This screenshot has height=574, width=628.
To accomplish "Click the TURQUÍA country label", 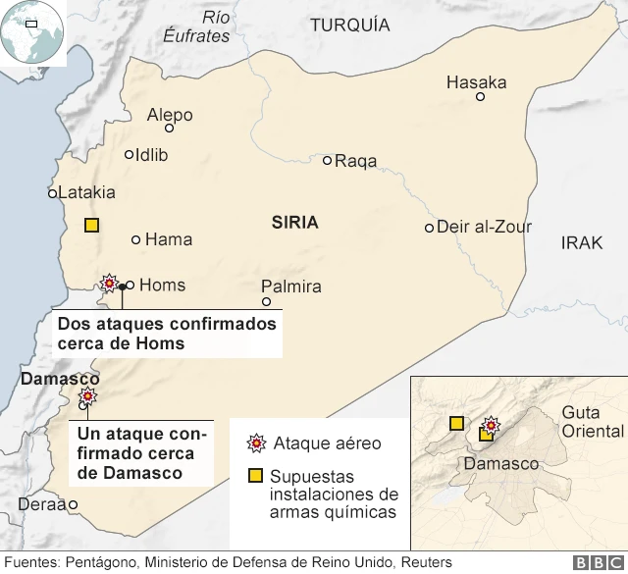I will click(349, 26).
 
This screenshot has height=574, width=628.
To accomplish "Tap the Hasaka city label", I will click(476, 82).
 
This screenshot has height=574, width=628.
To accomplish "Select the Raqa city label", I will click(356, 161).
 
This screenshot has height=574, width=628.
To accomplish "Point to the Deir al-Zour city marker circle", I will click(429, 228).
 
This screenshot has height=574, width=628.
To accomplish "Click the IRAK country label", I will click(582, 242).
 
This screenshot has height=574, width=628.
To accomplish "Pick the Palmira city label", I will click(291, 287).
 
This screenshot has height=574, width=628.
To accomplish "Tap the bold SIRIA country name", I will click(294, 223).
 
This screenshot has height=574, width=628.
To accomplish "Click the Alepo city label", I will click(170, 115).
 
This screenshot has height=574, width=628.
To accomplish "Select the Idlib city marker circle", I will click(130, 154).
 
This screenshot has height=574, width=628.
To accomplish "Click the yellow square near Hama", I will click(91, 225).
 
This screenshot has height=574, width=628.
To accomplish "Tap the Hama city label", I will click(168, 239).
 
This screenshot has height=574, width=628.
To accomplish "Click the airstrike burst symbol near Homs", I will click(109, 284).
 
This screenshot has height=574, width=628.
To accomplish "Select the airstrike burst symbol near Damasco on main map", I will click(88, 396).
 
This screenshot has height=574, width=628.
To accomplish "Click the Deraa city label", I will click(40, 505).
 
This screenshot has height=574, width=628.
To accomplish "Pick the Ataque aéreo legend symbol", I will click(257, 444).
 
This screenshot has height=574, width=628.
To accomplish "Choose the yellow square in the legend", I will click(255, 476).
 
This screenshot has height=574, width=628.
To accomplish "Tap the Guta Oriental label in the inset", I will click(592, 422).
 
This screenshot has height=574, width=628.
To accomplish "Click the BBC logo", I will click(593, 562).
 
